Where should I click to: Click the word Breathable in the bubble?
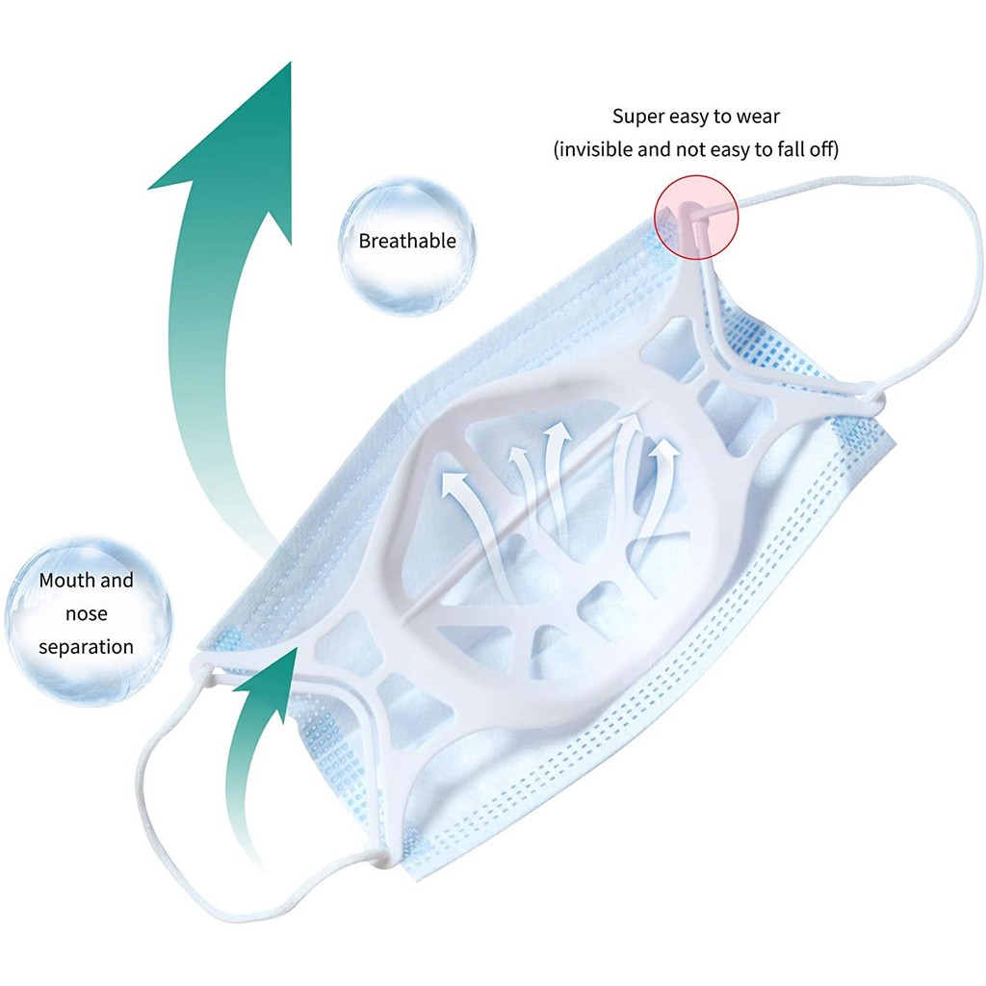[x=406, y=241]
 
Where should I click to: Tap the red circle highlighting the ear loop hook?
[x=696, y=216]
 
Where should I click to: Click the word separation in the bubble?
[x=86, y=646]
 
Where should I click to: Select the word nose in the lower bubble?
[x=86, y=613]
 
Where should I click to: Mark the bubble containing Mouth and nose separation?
[x=88, y=612]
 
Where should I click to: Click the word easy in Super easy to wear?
[x=688, y=117]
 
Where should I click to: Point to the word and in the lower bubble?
[x=117, y=581]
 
